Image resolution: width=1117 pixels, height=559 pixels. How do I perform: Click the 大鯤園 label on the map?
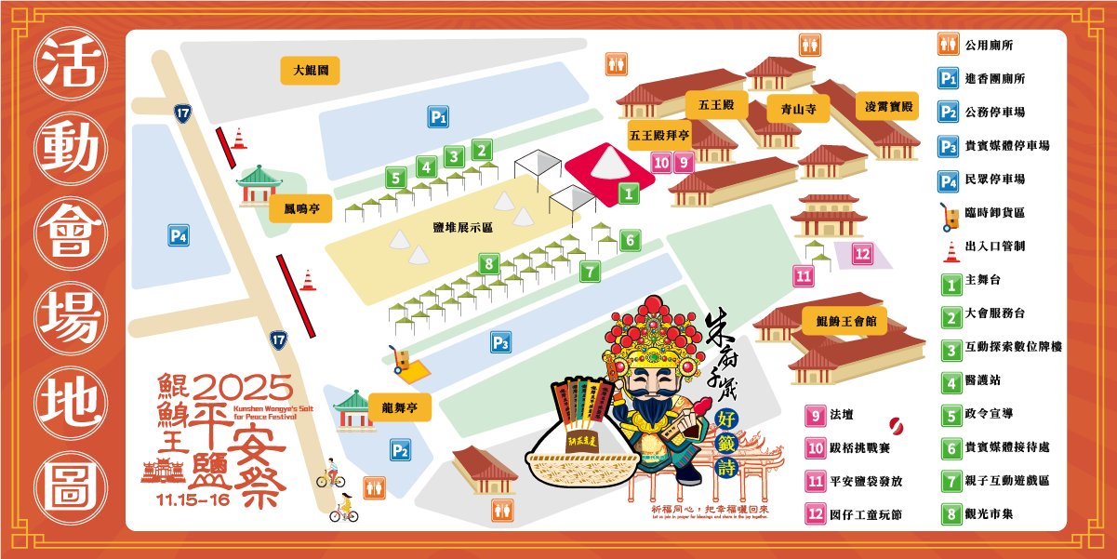pos(311,70)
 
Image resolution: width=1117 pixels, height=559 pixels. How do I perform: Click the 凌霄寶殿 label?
pos(888,108)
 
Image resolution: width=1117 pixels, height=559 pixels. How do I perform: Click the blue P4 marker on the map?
pos(179,236)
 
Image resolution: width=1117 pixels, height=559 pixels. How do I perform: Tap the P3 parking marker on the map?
pos(501,343)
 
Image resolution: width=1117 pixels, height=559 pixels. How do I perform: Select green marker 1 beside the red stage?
pos(628,193)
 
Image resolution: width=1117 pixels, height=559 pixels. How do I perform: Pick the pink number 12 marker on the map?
pos(862,253)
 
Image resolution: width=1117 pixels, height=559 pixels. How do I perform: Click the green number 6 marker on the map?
pos(630,240)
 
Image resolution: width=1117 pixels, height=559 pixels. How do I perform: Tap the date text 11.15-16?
pos(193,499)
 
